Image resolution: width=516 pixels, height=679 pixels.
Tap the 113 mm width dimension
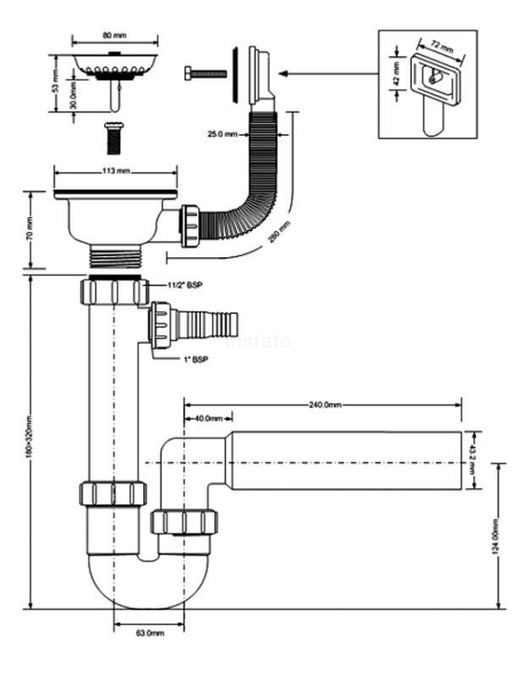tap(113, 168)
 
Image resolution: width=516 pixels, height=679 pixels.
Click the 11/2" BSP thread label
tap(186, 286)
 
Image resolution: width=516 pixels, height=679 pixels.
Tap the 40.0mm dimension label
tap(208, 419)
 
